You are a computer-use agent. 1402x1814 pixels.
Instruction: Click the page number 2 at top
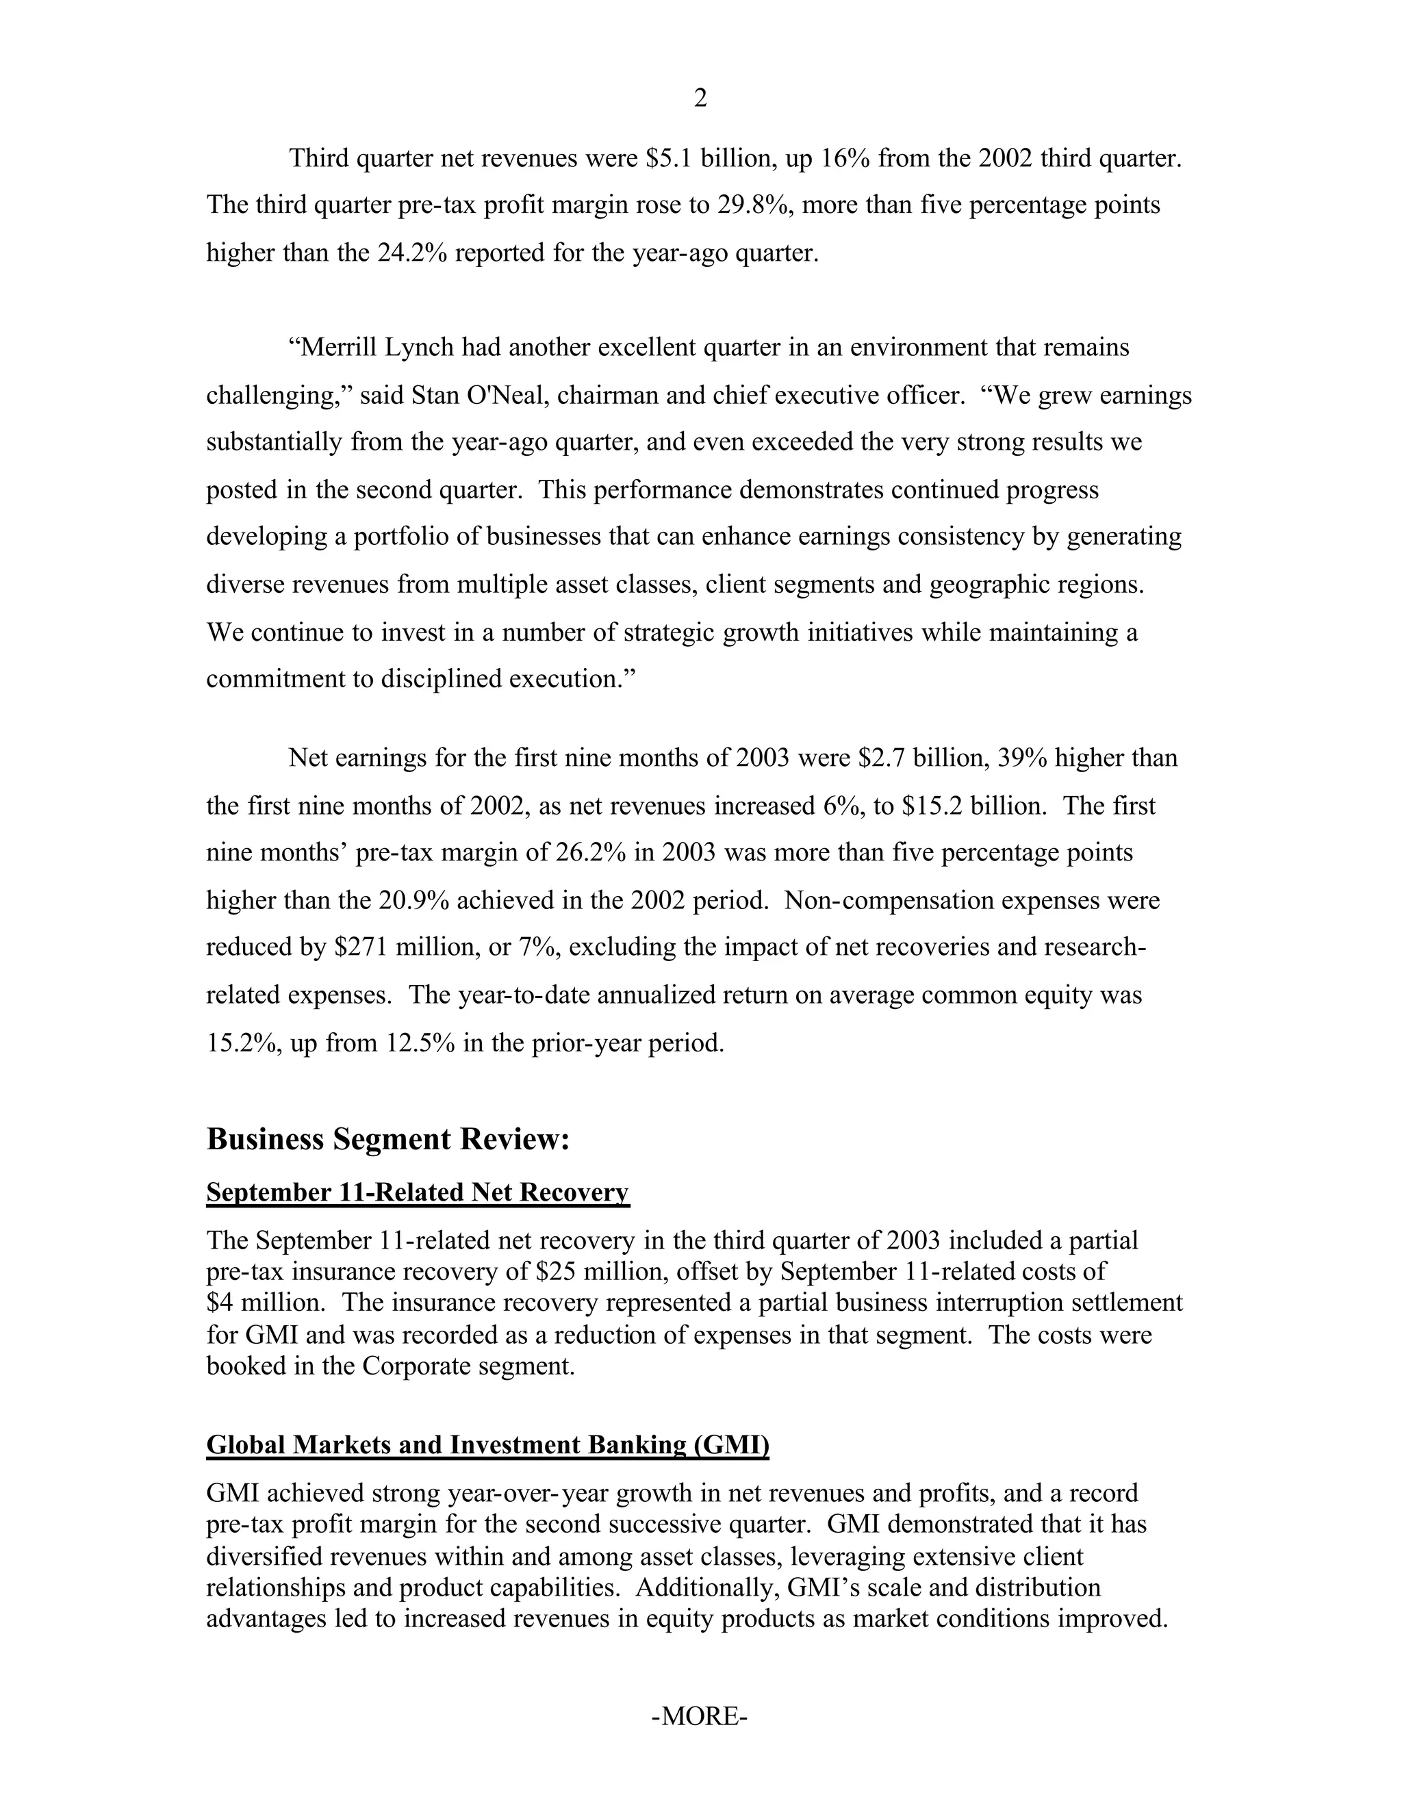pos(700,99)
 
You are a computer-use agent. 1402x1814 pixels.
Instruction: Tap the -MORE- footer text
pos(700,1716)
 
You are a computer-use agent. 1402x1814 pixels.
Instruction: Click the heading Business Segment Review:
pos(388,1139)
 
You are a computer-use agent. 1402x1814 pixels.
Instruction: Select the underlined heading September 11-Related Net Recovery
pos(418,1192)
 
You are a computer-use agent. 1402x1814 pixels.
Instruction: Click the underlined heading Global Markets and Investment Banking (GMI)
pos(487,1445)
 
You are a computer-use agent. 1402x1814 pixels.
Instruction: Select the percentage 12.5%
pos(420,1043)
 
